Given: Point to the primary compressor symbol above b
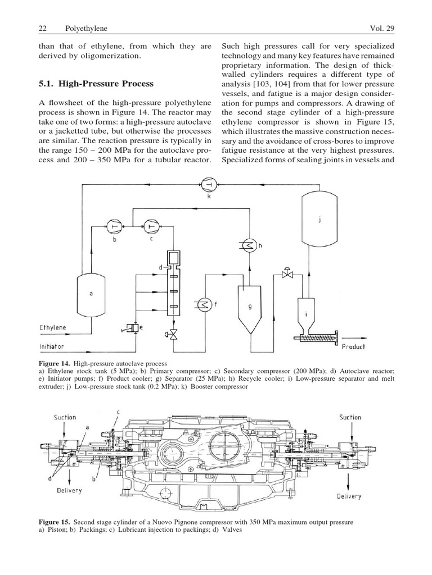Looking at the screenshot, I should [115, 226].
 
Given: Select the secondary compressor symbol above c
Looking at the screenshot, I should [151, 226].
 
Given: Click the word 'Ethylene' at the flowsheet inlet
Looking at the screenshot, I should [52, 327].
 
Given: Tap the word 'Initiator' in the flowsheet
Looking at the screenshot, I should [51, 346].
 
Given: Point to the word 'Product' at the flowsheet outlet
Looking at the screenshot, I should [353, 346].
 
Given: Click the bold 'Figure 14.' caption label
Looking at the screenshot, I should [57, 364].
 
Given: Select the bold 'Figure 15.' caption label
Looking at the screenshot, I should [57, 523].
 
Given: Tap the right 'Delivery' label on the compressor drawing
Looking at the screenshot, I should [349, 496].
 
